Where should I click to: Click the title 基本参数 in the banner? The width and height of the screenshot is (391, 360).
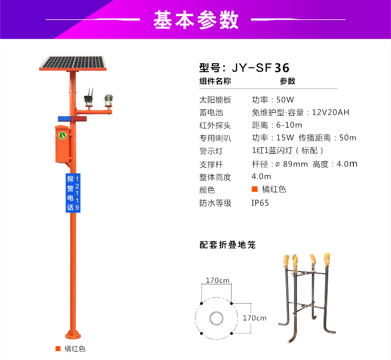pos(196,20)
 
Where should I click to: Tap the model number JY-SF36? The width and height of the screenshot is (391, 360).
pos(260,68)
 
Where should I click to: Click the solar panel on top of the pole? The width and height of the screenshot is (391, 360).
pos(73,63)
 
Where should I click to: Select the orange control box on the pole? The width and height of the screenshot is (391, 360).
pos(62,144)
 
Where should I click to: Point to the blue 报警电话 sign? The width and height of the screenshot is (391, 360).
pos(73,193)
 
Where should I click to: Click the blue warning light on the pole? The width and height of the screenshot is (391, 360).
pos(64,119)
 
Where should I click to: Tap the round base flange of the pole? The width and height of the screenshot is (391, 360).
pos(73,334)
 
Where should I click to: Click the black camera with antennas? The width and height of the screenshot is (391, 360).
pos(89,98)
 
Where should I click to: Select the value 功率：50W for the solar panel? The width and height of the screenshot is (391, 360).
pos(273,100)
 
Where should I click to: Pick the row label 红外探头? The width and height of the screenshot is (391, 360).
pos(215,125)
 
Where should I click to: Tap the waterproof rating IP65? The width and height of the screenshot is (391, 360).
pos(260,203)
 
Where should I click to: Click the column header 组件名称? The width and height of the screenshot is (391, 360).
pos(215,81)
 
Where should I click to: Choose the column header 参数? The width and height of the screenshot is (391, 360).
pos(288,81)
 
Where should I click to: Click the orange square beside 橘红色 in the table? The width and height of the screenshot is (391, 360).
pos(254,189)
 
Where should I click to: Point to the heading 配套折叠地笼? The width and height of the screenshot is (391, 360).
pos(227,245)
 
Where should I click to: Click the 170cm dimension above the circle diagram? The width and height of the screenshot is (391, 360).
pos(217,280)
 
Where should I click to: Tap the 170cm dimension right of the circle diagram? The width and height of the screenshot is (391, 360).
pos(254,318)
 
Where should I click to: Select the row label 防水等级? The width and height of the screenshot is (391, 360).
pos(215,203)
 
